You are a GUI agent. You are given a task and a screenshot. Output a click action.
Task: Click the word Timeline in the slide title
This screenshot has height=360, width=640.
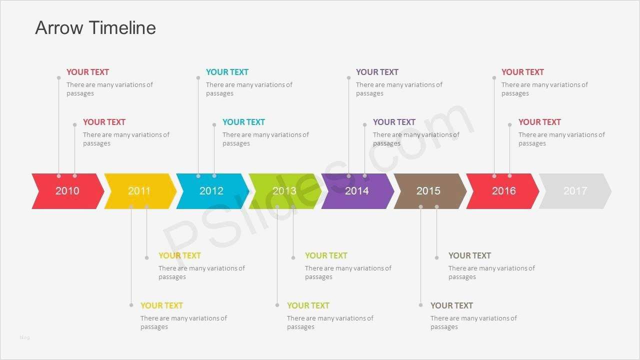coord(123,27)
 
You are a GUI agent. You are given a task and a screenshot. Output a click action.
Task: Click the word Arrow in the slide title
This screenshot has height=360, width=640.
coord(59,28)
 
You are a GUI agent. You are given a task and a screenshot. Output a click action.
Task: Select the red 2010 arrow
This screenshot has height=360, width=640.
coord(67,191)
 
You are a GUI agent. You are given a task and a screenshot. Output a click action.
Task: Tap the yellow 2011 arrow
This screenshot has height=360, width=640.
coord(140,191)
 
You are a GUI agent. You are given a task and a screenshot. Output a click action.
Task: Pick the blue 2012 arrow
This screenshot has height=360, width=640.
coord(212,191)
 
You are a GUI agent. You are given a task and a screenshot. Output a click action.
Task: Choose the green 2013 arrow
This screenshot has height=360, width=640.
coord(285,191)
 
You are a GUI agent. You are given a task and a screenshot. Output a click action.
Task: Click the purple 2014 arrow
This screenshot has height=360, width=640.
coord(357,191)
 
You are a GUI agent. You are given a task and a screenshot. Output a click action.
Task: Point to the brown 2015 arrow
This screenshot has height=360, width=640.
coord(430,191)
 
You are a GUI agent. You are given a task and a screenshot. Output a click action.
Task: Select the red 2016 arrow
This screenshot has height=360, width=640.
coord(502,191)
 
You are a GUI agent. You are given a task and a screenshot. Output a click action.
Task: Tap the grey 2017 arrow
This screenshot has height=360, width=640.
coord(575,191)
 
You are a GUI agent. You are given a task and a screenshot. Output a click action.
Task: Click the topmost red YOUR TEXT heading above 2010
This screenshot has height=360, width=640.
coord(87,72)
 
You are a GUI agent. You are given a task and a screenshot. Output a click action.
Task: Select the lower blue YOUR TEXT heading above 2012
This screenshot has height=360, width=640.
coord(243,122)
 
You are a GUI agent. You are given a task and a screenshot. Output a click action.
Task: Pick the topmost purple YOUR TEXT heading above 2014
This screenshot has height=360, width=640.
coord(377,72)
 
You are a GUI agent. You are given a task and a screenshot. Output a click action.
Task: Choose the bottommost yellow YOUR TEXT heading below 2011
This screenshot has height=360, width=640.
coord(161,305)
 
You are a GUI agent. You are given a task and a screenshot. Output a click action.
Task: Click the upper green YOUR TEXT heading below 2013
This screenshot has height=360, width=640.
coord(326,255)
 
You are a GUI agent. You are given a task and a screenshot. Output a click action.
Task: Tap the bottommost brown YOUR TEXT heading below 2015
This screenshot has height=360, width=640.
coord(451,305)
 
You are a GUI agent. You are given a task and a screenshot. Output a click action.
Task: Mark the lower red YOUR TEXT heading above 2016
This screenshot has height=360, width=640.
coord(539,122)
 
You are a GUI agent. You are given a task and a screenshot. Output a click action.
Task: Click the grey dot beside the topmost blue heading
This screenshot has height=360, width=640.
coord(198,77)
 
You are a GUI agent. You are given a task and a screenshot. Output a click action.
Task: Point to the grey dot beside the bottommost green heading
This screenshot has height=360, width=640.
coord(277,305)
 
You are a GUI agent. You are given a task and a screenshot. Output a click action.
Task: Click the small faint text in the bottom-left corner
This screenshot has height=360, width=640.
coord(24,337)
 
